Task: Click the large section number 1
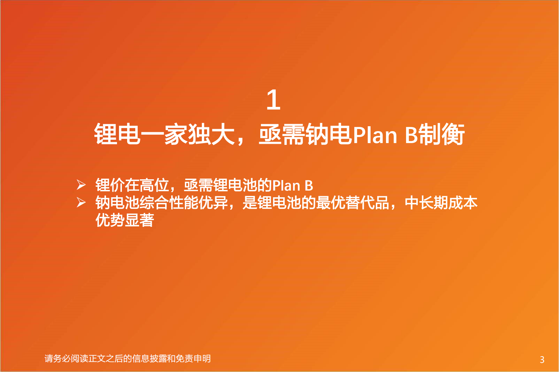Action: [x=273, y=100]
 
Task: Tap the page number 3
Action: [x=542, y=359]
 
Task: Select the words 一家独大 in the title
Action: [x=188, y=135]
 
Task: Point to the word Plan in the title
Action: [x=374, y=135]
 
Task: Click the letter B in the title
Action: [x=411, y=135]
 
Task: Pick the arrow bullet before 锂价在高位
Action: [x=81, y=185]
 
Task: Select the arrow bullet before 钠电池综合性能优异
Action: [x=81, y=203]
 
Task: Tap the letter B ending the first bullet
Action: [x=309, y=186]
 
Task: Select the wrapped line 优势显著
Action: [x=125, y=220]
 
